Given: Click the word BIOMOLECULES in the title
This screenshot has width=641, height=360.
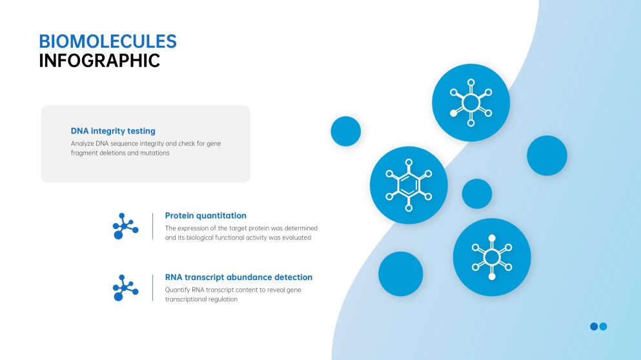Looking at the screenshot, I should click(x=107, y=41).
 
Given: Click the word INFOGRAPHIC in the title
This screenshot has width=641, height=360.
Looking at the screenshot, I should click(x=99, y=61).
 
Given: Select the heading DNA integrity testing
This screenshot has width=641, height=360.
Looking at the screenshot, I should click(x=113, y=131).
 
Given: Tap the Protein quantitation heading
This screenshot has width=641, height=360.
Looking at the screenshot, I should click(x=205, y=215).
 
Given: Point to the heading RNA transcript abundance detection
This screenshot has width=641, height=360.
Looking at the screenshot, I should click(x=238, y=277).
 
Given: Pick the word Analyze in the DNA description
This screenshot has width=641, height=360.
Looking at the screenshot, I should click(x=82, y=143).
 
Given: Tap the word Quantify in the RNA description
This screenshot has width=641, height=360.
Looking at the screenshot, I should click(x=178, y=290).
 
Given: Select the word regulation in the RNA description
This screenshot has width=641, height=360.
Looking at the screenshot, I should click(x=223, y=299).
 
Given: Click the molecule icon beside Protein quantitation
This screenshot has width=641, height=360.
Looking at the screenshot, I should click(x=125, y=226).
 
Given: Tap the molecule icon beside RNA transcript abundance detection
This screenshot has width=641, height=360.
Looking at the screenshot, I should click(x=125, y=287).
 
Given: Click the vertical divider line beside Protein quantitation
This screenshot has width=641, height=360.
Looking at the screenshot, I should click(x=152, y=226).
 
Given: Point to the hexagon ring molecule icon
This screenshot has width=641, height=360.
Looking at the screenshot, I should click(x=409, y=185).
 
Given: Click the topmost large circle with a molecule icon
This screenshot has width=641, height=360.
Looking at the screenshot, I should click(x=471, y=103).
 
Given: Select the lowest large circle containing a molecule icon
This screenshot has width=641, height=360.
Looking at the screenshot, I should click(x=492, y=257).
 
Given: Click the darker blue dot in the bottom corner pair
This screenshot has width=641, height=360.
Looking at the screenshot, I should click(x=594, y=326).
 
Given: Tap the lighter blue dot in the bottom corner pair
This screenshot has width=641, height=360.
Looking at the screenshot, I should click(x=603, y=326).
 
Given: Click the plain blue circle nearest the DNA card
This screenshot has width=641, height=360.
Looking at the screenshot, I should click(x=345, y=131).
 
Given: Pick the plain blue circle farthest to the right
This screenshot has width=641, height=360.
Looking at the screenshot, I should click(x=547, y=155).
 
